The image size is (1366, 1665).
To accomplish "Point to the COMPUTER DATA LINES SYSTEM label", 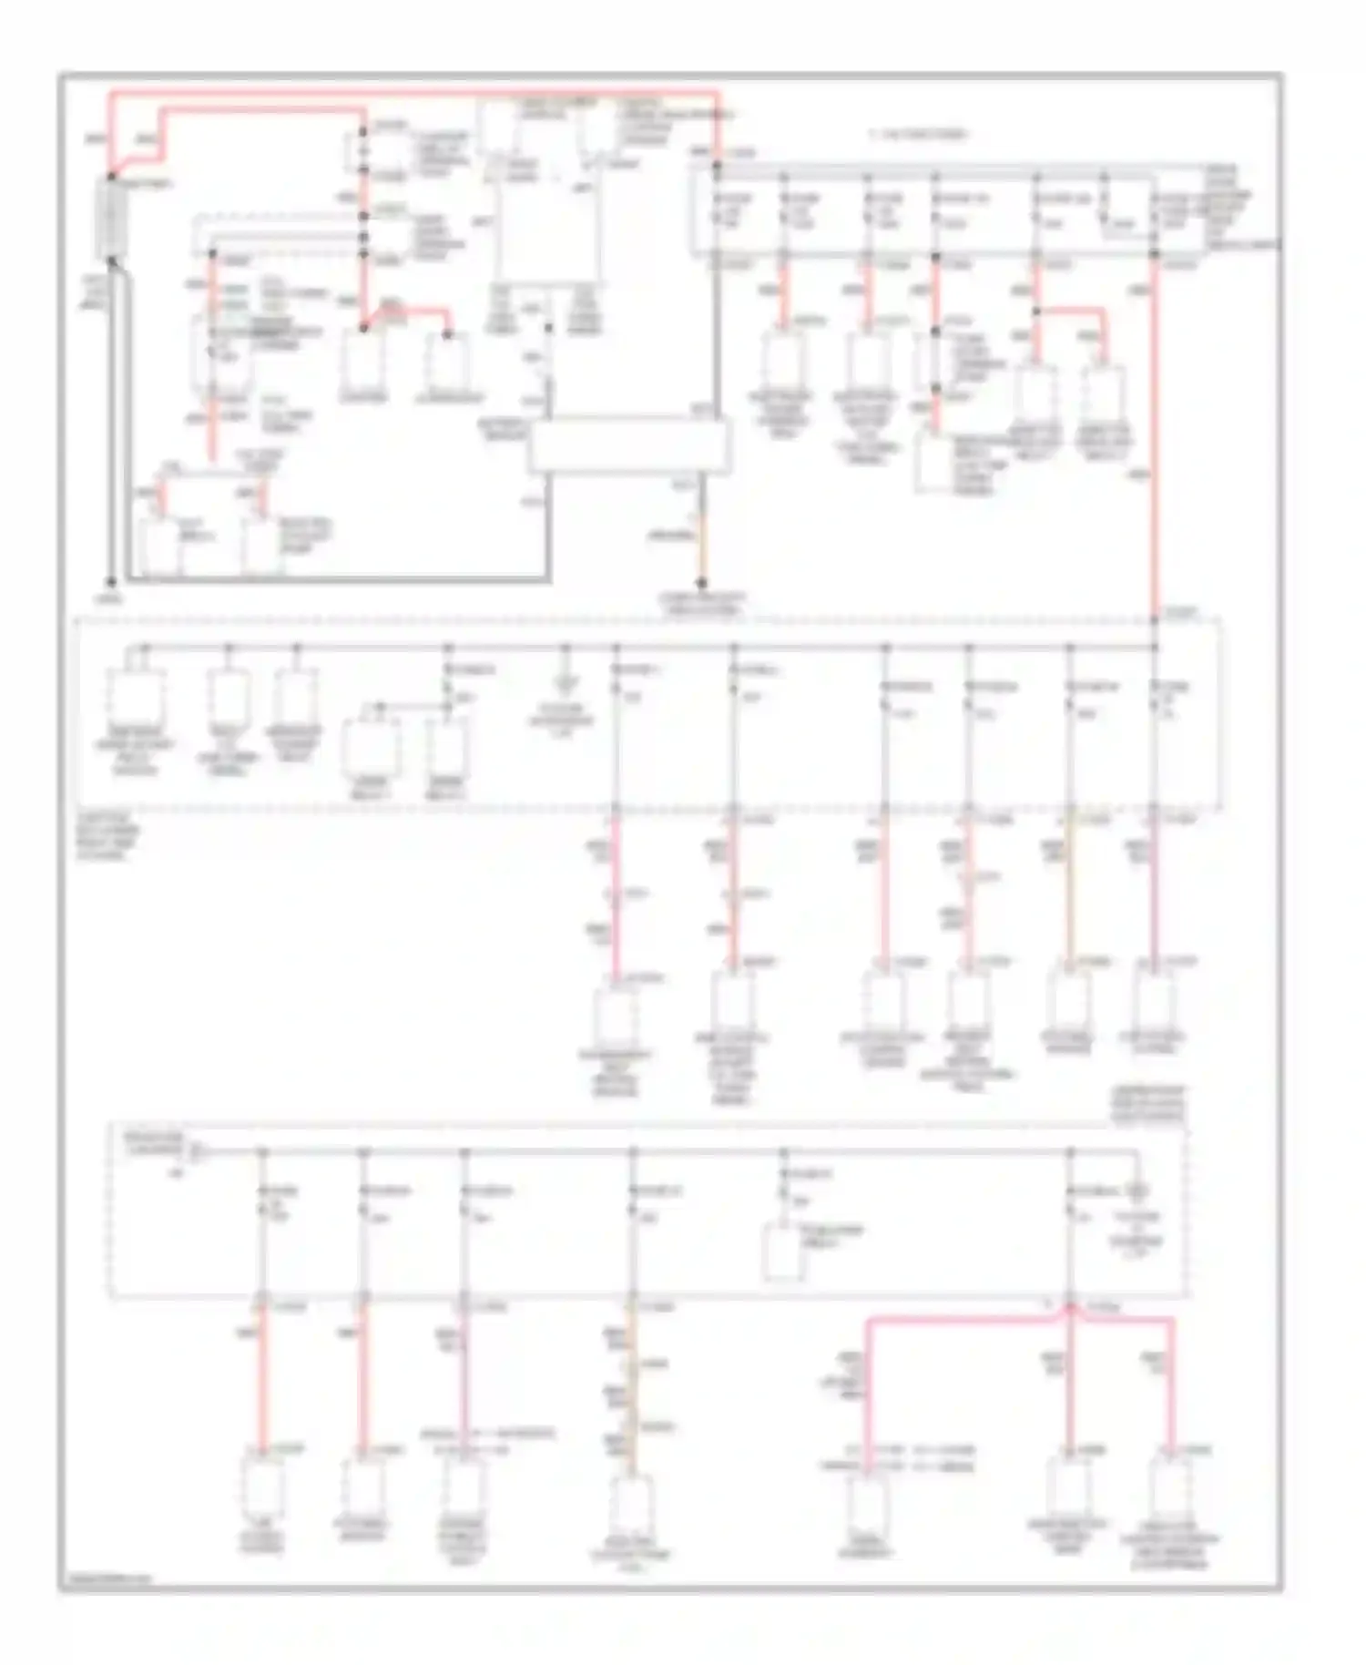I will pos(702,604).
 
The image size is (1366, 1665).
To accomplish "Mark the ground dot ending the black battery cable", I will pos(111,582).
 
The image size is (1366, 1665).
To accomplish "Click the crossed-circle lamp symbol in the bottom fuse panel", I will pos(1137,1190).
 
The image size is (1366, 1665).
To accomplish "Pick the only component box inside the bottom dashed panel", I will pos(782,1251).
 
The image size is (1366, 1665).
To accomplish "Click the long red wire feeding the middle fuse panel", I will pos(1154,437).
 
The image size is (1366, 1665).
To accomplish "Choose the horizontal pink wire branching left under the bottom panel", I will pos(956,1318).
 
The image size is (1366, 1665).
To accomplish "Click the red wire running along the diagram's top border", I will pos(410,93).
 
